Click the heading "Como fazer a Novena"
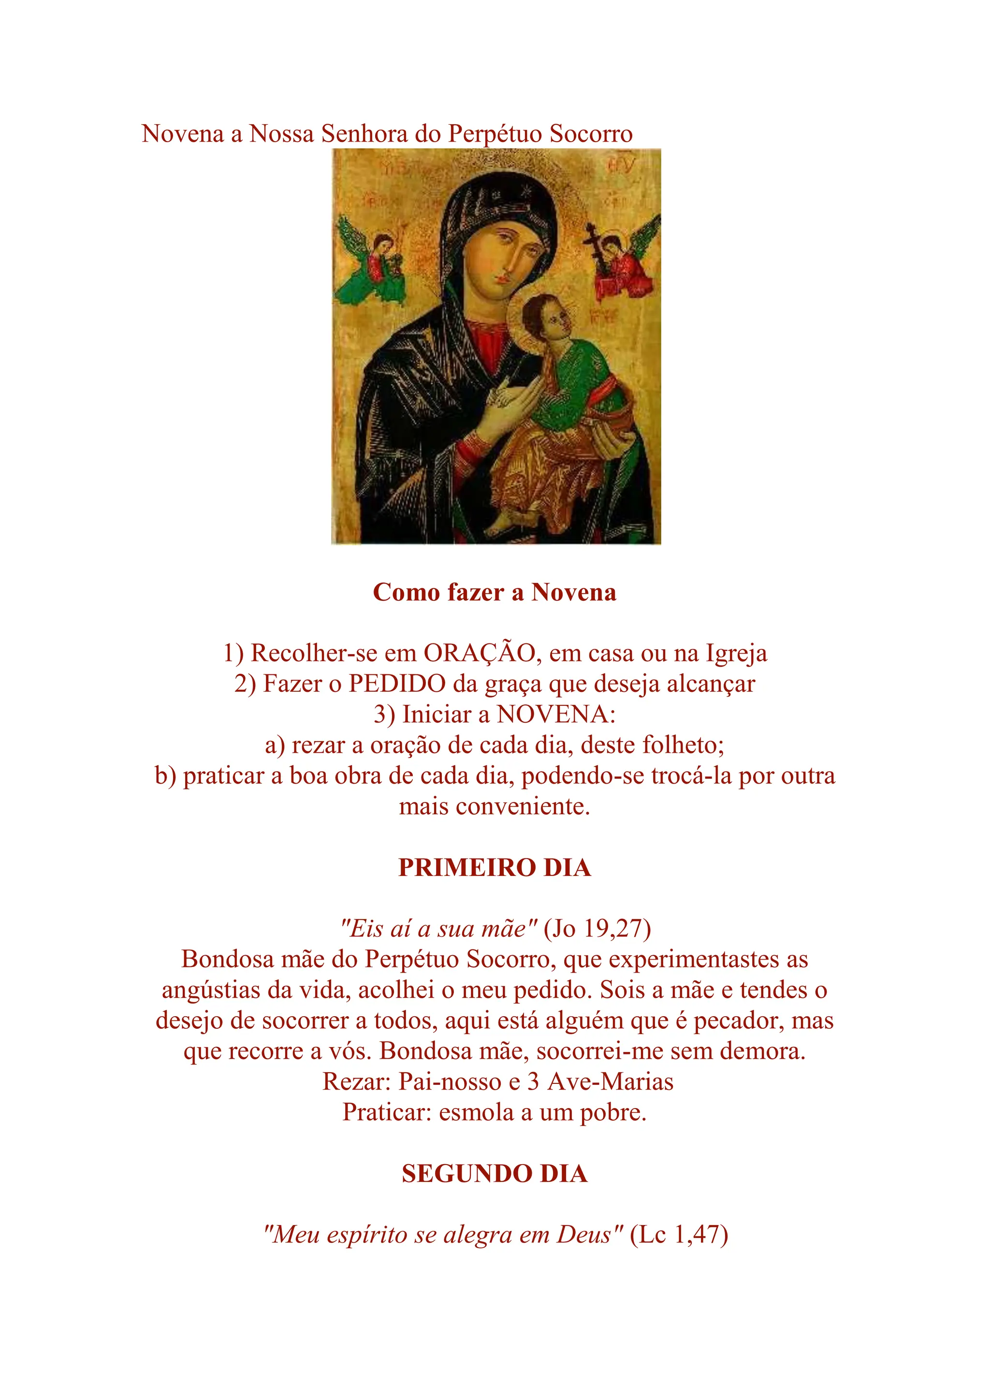[495, 592]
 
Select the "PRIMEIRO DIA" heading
[495, 868]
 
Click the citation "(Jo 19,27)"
[597, 929]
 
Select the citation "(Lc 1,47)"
[679, 1235]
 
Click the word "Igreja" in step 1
[736, 653]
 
